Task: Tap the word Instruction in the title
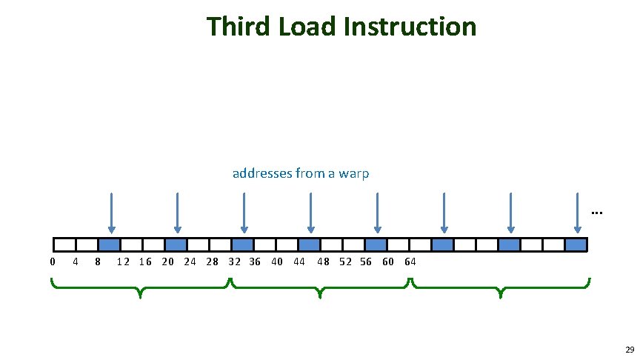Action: (410, 27)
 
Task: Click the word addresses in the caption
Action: (261, 173)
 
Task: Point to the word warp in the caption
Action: (355, 173)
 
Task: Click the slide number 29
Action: (629, 350)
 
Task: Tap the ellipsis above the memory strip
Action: (597, 214)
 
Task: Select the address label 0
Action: (52, 261)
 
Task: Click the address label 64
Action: (410, 261)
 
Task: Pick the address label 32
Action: (235, 261)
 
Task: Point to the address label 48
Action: (324, 261)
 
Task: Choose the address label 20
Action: (168, 261)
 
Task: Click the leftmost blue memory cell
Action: (110, 244)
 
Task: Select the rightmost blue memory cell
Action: (576, 244)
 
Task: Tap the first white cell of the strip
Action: (64, 244)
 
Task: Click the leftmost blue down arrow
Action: (110, 213)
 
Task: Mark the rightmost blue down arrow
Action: (576, 213)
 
